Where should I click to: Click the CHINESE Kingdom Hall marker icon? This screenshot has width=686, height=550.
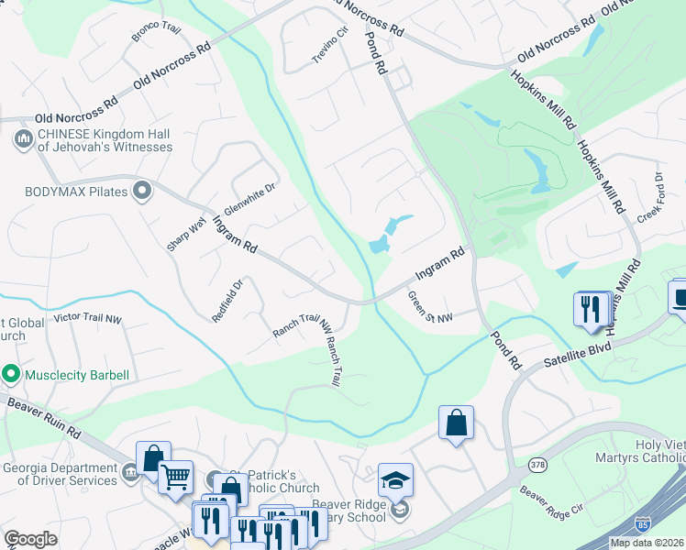click(x=23, y=139)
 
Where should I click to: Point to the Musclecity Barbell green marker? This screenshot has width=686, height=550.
click(x=11, y=374)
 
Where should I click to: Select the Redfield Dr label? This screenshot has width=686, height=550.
click(x=227, y=301)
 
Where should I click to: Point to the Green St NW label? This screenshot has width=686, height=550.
click(x=430, y=308)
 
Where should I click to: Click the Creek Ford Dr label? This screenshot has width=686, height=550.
click(x=650, y=196)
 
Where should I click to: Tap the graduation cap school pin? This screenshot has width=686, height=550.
click(x=395, y=479)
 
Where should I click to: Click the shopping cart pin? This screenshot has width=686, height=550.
click(x=174, y=475)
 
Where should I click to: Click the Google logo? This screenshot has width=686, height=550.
click(x=30, y=539)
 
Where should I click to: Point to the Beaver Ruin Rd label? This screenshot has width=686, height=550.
click(x=47, y=417)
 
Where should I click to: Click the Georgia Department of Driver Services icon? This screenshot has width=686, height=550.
click(x=129, y=472)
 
